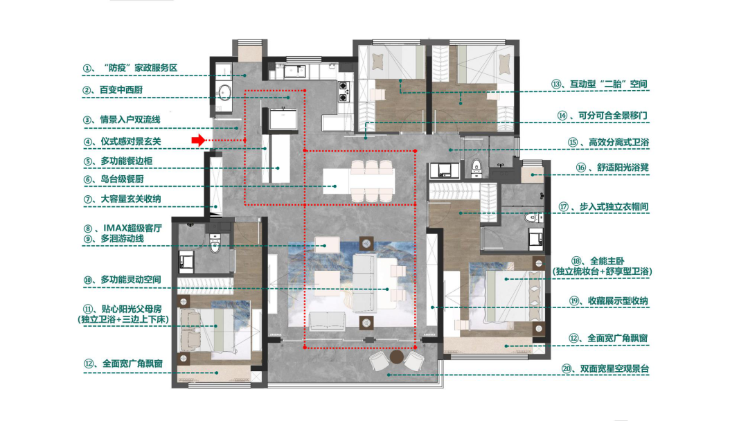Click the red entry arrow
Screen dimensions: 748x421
point(199,140)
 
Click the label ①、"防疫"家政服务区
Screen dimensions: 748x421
point(130,68)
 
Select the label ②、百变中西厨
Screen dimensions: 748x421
point(113,90)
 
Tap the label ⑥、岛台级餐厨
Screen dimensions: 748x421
point(114,179)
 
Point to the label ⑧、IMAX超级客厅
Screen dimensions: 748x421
point(123,229)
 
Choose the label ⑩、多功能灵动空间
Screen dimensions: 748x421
point(122,280)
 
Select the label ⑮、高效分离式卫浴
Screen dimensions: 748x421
point(608,142)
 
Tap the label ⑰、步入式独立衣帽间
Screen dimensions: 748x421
point(603,207)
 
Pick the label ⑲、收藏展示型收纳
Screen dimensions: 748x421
point(609,301)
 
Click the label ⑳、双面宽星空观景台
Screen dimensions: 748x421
point(605,368)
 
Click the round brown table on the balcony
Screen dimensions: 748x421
point(396,357)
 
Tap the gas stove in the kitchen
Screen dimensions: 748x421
point(344,91)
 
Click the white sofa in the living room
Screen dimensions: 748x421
point(365,283)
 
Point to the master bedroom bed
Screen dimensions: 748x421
point(514,296)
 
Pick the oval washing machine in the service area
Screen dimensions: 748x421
point(224,92)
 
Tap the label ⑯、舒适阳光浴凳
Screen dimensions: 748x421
point(612,168)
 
